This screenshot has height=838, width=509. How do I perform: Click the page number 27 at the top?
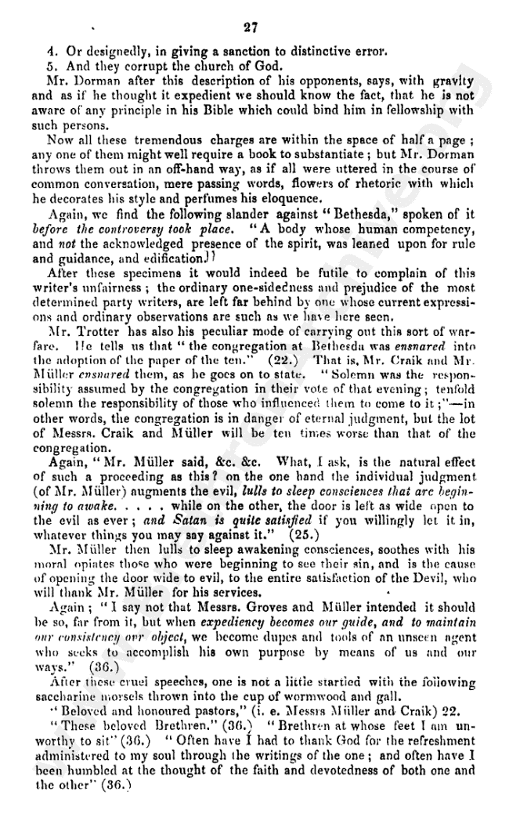point(250,28)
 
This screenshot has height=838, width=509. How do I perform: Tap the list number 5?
point(50,67)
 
